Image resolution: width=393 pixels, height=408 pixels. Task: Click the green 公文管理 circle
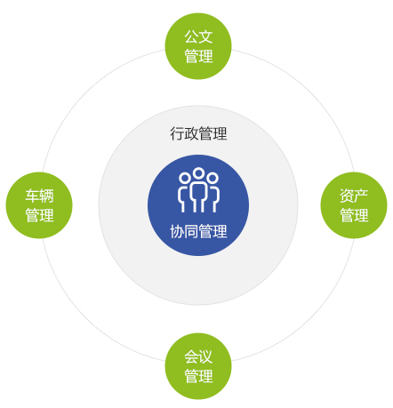198,46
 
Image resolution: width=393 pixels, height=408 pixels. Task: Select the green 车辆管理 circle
39,205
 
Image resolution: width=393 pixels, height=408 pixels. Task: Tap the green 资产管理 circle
354,205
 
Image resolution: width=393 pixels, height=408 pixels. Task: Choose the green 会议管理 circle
198,366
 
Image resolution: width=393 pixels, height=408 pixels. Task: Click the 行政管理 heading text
198,133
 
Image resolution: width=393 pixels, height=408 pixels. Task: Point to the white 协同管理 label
198,231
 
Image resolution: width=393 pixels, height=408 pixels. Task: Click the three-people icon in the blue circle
198,190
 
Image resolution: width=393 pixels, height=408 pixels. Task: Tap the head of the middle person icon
198,173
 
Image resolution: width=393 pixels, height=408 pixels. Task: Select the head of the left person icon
184,178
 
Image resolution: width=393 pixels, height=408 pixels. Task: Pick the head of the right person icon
213,178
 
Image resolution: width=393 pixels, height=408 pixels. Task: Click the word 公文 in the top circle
198,36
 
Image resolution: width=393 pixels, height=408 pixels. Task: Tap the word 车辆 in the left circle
39,196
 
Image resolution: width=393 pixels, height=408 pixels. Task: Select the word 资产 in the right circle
354,196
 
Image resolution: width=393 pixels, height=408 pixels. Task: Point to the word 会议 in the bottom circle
198,356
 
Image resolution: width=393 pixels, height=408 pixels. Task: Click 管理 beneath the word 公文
198,56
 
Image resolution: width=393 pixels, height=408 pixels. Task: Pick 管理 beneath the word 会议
198,376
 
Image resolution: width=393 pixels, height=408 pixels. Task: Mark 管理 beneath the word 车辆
39,215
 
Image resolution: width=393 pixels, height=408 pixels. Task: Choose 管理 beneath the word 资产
354,215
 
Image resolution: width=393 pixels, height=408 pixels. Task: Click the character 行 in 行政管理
177,133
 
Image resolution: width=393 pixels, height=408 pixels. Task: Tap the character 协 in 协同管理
177,231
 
